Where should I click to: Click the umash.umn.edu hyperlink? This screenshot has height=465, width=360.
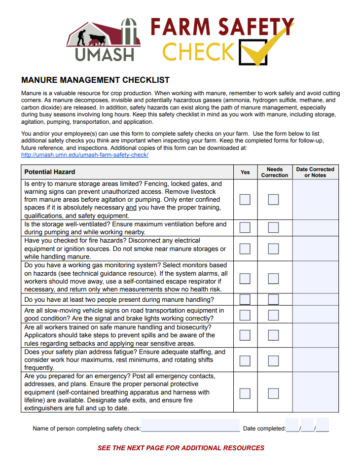pyautogui.click(x=85, y=155)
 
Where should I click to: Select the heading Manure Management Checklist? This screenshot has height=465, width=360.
pyautogui.click(x=96, y=80)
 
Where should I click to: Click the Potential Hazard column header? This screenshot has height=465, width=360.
pyautogui.click(x=50, y=172)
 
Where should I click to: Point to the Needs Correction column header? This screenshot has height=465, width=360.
pyautogui.click(x=274, y=172)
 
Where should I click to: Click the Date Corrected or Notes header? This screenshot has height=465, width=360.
pyautogui.click(x=315, y=172)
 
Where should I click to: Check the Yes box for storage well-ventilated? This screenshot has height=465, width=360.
pyautogui.click(x=245, y=227)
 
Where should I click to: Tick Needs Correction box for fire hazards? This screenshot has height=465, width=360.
pyautogui.click(x=274, y=249)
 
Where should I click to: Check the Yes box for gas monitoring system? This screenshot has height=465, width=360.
pyautogui.click(x=245, y=278)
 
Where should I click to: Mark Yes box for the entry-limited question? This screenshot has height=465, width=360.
pyautogui.click(x=245, y=199)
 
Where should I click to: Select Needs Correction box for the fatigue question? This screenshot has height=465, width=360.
pyautogui.click(x=274, y=360)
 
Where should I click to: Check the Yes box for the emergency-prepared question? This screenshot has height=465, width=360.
pyautogui.click(x=245, y=393)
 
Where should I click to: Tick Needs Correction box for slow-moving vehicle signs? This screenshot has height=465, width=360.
pyautogui.click(x=274, y=315)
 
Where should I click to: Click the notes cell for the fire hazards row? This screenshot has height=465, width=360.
pyautogui.click(x=315, y=249)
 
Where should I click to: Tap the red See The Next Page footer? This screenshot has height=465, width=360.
pyautogui.click(x=181, y=448)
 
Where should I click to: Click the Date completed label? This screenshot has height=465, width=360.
pyautogui.click(x=264, y=429)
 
